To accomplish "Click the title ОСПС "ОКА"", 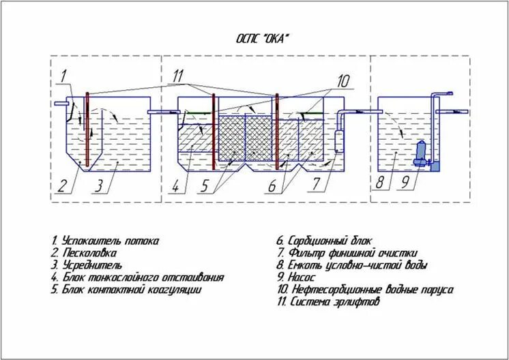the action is pyautogui.click(x=263, y=39).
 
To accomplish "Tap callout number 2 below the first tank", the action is pyautogui.click(x=63, y=184).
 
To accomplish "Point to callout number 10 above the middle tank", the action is pyautogui.click(x=343, y=81).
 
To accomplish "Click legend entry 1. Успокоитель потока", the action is pyautogui.click(x=105, y=241).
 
